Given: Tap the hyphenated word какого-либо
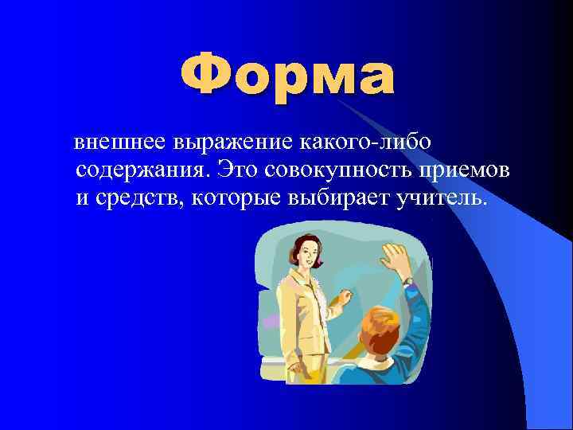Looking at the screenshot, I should [365, 143].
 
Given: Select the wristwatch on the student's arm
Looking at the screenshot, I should [408, 281].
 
